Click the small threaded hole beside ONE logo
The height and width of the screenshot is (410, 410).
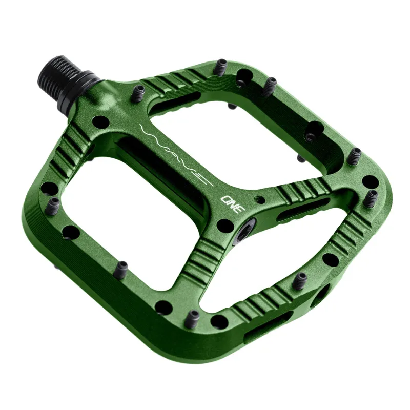(x=262, y=197)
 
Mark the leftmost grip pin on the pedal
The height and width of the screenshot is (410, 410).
(x=53, y=204)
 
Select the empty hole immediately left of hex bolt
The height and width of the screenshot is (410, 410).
(x=223, y=224)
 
